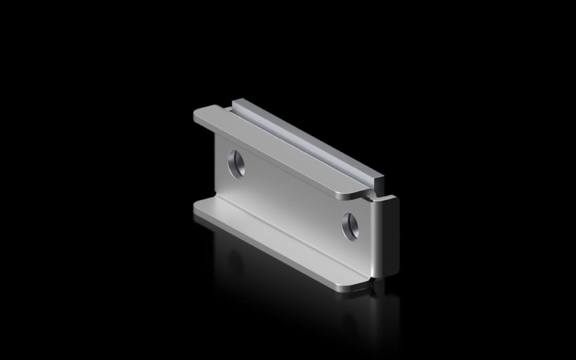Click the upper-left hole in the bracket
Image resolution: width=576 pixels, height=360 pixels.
(236, 163)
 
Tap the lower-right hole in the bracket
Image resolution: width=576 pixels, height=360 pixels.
(350, 225)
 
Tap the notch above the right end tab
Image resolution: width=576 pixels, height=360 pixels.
(371, 195)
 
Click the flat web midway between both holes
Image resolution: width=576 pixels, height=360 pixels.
(293, 194)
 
